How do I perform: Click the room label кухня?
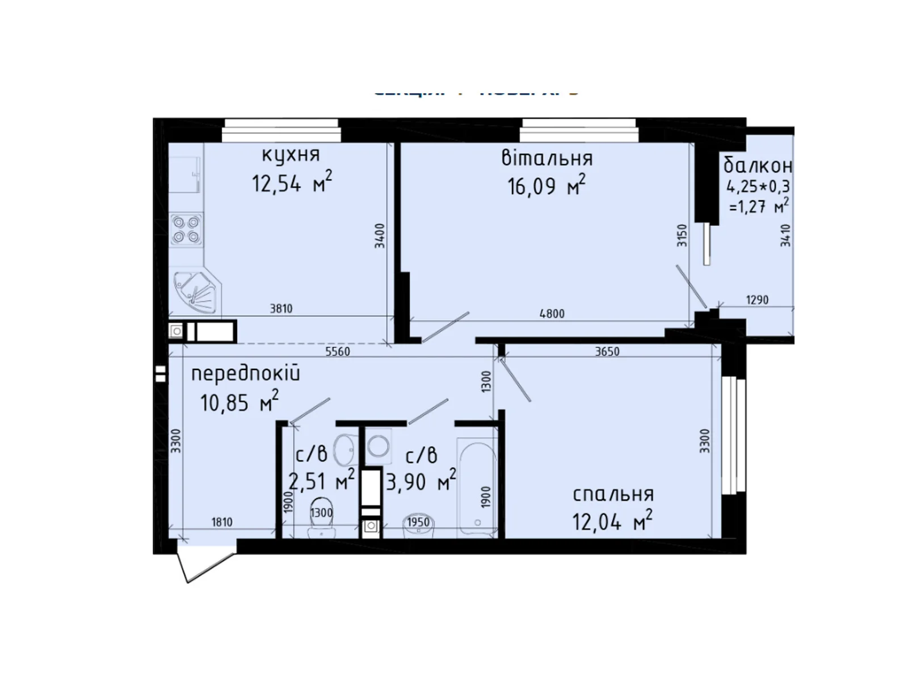click(291, 154)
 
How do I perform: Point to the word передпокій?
click(245, 373)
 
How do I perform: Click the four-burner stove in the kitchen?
click(186, 229)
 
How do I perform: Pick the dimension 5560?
click(338, 351)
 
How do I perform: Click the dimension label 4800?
click(552, 313)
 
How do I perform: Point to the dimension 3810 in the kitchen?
click(281, 308)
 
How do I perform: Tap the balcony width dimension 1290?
click(757, 300)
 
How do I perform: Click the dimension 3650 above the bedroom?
click(607, 351)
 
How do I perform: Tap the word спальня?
click(613, 494)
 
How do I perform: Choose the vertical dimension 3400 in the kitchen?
click(380, 236)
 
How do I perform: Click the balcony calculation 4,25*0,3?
click(758, 186)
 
